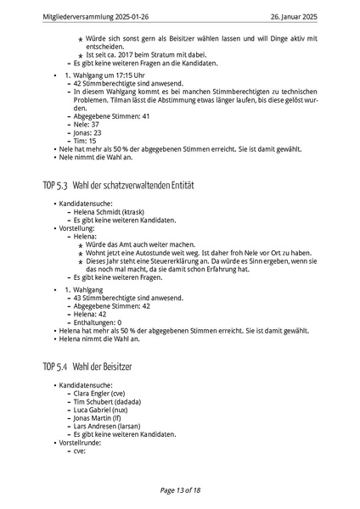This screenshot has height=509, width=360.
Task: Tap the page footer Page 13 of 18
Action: (179, 490)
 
